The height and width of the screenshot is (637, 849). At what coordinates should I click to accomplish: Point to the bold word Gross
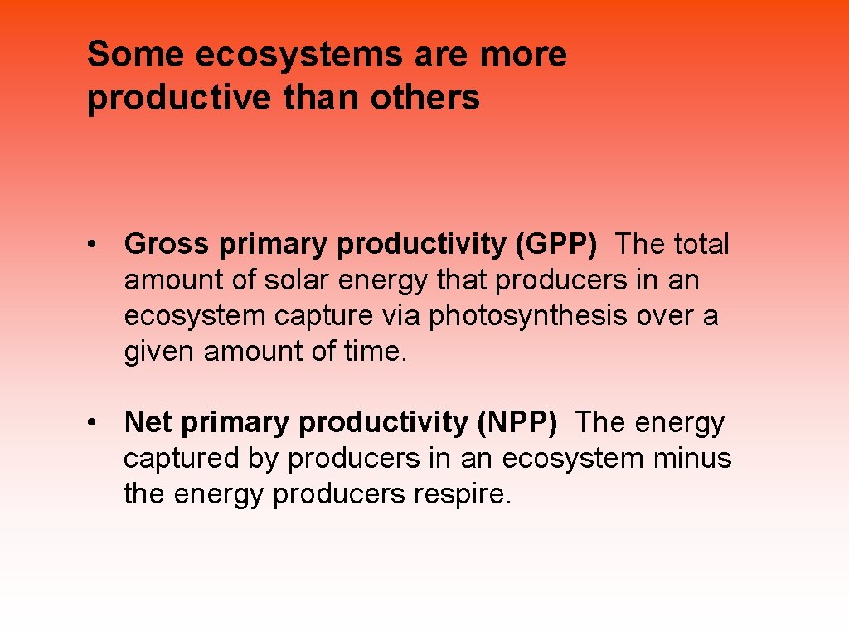(167, 245)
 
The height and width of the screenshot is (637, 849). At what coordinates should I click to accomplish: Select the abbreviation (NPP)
(517, 423)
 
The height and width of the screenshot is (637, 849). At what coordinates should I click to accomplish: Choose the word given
(159, 352)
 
